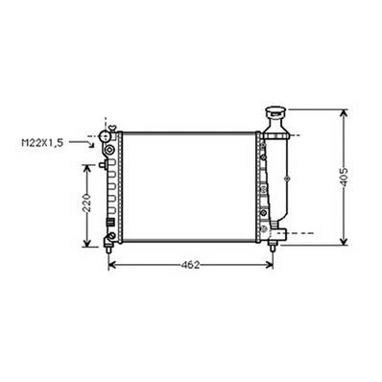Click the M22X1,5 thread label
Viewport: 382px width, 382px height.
pos(42,143)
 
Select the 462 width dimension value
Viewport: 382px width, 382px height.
pos(190,265)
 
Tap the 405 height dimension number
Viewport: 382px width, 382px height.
pos(344,177)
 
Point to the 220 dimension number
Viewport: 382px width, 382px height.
pos(86,203)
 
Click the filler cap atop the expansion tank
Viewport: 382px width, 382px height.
pos(276,112)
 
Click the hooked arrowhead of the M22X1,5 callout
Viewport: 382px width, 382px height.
pos(92,145)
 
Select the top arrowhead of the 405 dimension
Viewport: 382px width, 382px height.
pos(344,113)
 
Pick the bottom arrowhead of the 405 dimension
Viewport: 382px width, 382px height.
pos(344,241)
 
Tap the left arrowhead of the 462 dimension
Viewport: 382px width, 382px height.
pos(112,265)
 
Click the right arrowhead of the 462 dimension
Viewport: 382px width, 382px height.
pos(270,265)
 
